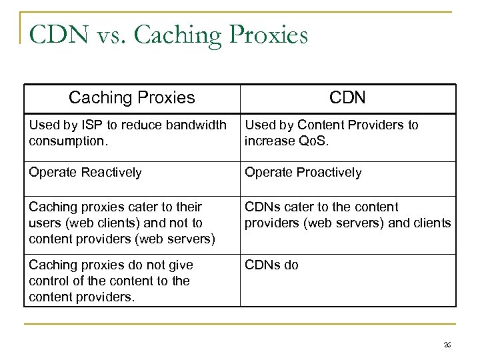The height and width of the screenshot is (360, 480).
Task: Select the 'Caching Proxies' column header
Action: coord(132,98)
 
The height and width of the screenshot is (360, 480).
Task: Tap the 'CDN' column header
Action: coord(347,98)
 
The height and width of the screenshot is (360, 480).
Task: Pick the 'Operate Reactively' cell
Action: coord(85,173)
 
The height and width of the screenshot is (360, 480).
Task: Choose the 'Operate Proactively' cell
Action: coord(303,173)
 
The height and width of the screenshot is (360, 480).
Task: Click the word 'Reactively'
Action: coord(110,173)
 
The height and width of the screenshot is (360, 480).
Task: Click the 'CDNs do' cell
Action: coord(271,265)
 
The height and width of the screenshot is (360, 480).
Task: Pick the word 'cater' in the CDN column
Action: coord(297,207)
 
